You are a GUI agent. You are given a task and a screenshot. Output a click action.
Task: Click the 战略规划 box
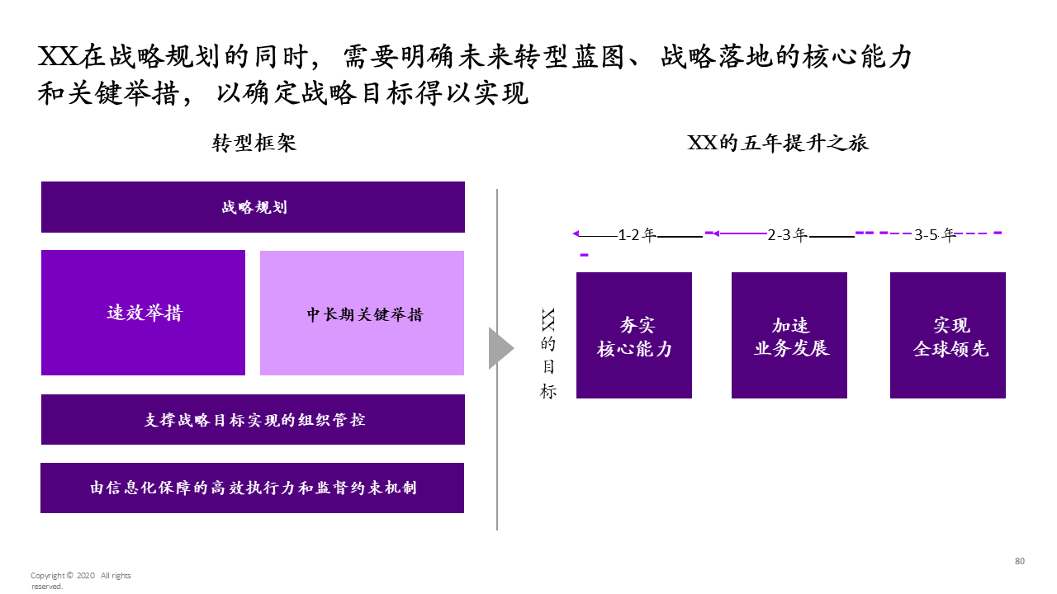point(253,207)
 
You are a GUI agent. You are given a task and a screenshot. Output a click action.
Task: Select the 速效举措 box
point(143,313)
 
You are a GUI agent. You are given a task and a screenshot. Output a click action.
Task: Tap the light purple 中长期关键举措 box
point(362,313)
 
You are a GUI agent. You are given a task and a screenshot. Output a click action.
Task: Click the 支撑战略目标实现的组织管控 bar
point(253,419)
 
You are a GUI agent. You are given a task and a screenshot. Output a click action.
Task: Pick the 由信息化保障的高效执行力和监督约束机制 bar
point(252,488)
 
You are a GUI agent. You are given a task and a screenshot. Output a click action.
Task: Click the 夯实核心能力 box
point(634,336)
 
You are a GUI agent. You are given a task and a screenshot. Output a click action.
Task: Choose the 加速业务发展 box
point(789,336)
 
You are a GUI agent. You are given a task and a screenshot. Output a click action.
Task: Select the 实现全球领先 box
point(948,336)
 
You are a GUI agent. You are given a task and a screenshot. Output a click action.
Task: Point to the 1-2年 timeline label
point(637,235)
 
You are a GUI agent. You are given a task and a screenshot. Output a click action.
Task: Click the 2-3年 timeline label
point(787,235)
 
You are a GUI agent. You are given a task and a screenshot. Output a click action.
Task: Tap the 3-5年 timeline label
point(934,235)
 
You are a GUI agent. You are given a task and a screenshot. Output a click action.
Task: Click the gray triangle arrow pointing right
point(500,348)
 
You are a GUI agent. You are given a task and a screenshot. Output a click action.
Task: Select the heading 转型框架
point(254,143)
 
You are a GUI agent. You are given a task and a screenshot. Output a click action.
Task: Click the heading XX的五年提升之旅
point(778,143)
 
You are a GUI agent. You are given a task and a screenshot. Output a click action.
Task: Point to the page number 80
point(1020,561)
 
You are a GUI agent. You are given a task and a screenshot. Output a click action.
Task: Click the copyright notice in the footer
point(80,581)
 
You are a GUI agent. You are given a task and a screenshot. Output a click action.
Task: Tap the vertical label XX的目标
point(547,353)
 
